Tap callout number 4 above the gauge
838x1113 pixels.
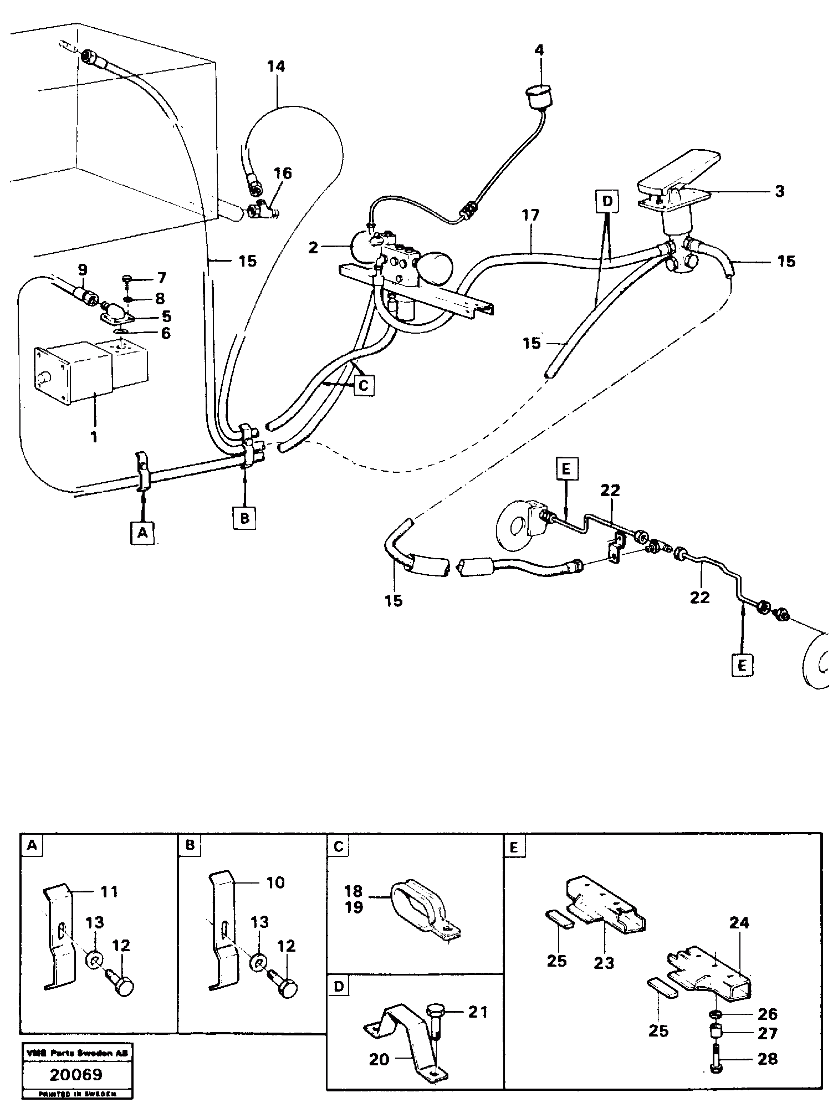539,50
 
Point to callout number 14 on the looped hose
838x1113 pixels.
275,67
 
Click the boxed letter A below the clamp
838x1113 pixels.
142,533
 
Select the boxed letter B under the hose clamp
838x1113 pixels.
244,518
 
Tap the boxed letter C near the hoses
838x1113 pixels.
364,385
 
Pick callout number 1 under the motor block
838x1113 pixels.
94,437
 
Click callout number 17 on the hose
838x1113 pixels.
530,215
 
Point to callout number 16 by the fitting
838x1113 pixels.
283,173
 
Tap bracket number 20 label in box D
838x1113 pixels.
380,1059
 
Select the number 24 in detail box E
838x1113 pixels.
739,923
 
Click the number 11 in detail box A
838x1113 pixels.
109,892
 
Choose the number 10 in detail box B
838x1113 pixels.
271,882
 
